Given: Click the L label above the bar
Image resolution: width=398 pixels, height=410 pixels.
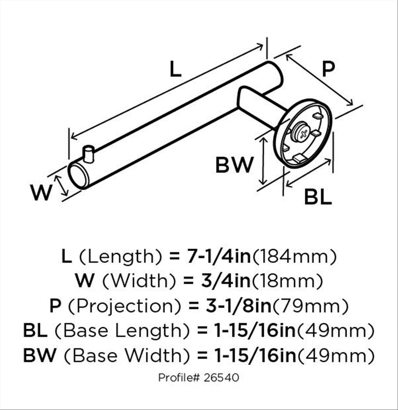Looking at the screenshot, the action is click(x=175, y=69).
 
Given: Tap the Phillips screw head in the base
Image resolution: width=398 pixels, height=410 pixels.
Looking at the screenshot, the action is click(x=302, y=134).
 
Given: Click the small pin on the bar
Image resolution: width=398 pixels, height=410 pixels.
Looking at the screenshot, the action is click(x=88, y=154).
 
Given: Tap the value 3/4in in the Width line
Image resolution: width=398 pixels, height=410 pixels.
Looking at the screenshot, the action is click(x=226, y=281).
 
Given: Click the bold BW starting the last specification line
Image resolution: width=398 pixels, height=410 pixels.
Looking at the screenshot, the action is click(x=40, y=355).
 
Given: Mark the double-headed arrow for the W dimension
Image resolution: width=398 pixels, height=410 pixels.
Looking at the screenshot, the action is click(x=61, y=185).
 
